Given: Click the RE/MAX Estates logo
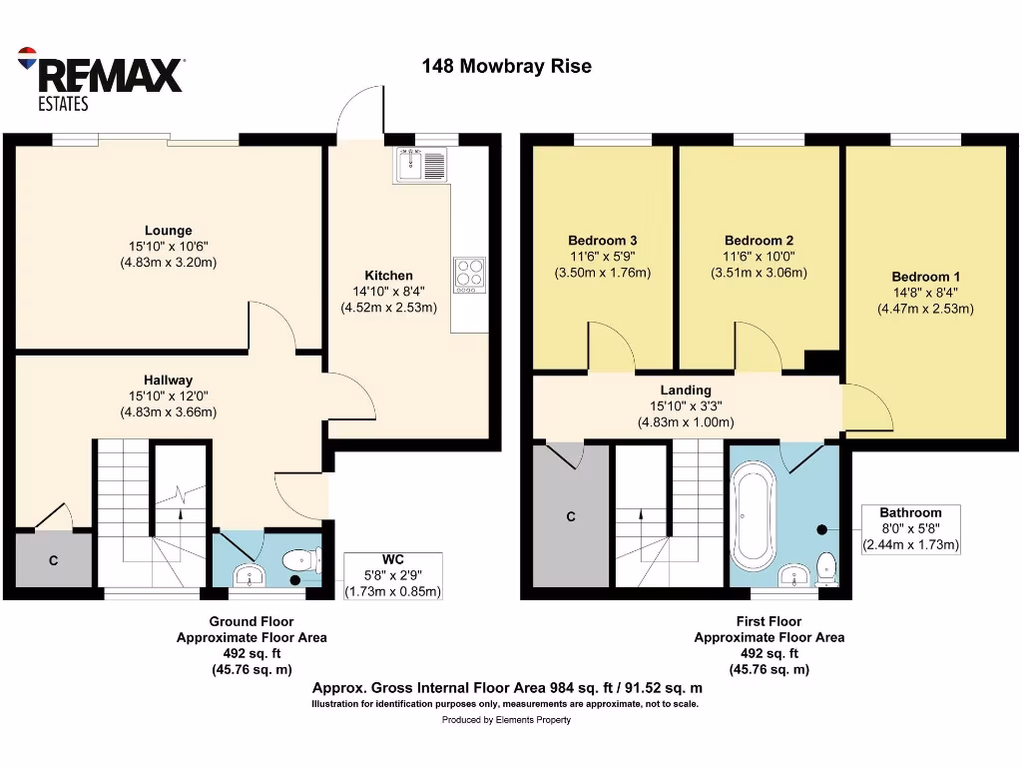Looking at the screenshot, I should (100, 77).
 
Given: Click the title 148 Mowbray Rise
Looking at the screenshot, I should (506, 67).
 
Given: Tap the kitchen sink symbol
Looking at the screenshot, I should (424, 164).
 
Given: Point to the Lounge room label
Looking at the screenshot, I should (168, 231).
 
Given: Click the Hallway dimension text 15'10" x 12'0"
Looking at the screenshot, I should (168, 395).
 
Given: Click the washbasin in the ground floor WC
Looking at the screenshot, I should (246, 574).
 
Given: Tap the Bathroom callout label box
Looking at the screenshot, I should (910, 528).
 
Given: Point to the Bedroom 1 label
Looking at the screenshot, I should (925, 277).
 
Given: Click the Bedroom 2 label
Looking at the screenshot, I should (759, 241).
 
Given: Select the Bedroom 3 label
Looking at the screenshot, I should (603, 241).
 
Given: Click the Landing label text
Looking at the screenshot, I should (686, 389).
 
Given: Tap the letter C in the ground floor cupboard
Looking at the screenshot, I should (54, 561).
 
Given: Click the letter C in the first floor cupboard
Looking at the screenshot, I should (571, 516).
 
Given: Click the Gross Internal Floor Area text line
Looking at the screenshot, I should (507, 688).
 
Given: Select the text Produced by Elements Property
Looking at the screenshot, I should (506, 720).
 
